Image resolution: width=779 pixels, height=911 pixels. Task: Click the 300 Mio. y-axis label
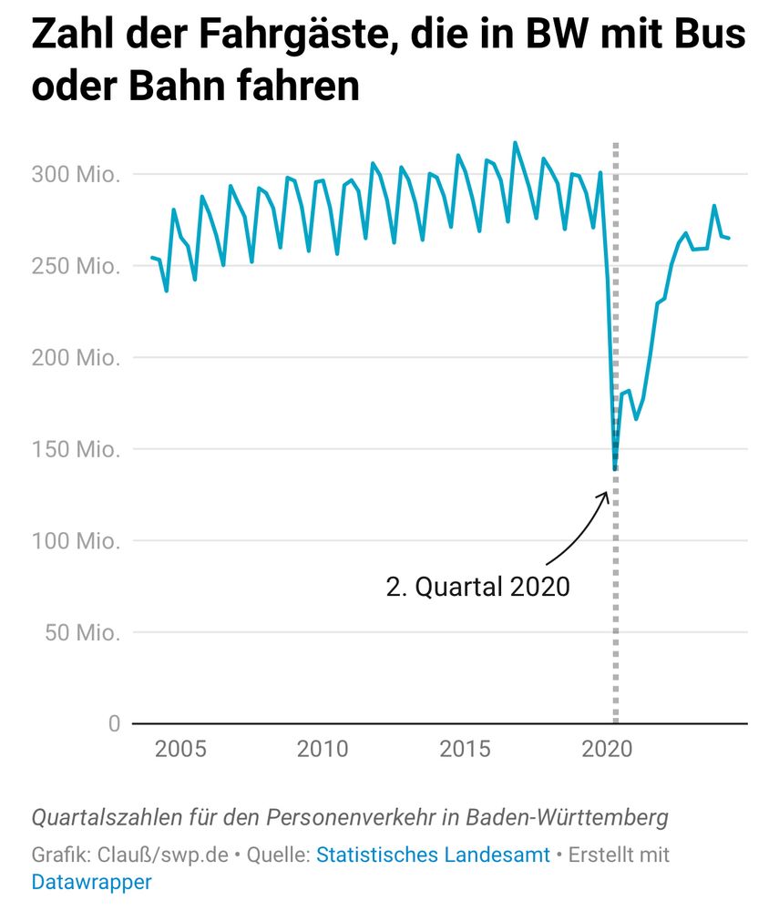pos(76,174)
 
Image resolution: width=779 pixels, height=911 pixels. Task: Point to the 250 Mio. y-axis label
pos(76,266)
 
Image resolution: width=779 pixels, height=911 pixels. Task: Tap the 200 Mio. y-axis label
pos(76,358)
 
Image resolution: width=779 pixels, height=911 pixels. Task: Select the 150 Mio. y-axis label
pos(76,449)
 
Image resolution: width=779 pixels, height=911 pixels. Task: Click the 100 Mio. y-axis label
pos(76,541)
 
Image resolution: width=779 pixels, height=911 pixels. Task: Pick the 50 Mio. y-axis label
pos(82,632)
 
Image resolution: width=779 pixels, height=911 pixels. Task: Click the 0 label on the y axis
pos(114,723)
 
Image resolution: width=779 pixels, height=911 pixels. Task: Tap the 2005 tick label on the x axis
pos(180,750)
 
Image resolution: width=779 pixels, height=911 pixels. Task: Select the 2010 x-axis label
pos(323,750)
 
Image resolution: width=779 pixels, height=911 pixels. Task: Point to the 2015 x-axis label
pos(466,750)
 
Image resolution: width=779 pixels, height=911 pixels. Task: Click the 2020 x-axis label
pos(607,750)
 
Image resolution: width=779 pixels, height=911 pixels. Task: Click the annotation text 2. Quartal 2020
pos(478,587)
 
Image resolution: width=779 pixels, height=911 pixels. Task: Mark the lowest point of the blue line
pos(615,469)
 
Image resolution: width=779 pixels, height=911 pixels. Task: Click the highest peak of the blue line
pos(515,143)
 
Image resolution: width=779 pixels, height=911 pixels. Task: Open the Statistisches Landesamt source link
pos(433,855)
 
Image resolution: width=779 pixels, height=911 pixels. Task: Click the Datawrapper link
pos(91,882)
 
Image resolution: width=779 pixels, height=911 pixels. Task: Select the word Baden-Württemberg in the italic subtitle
pos(577,817)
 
